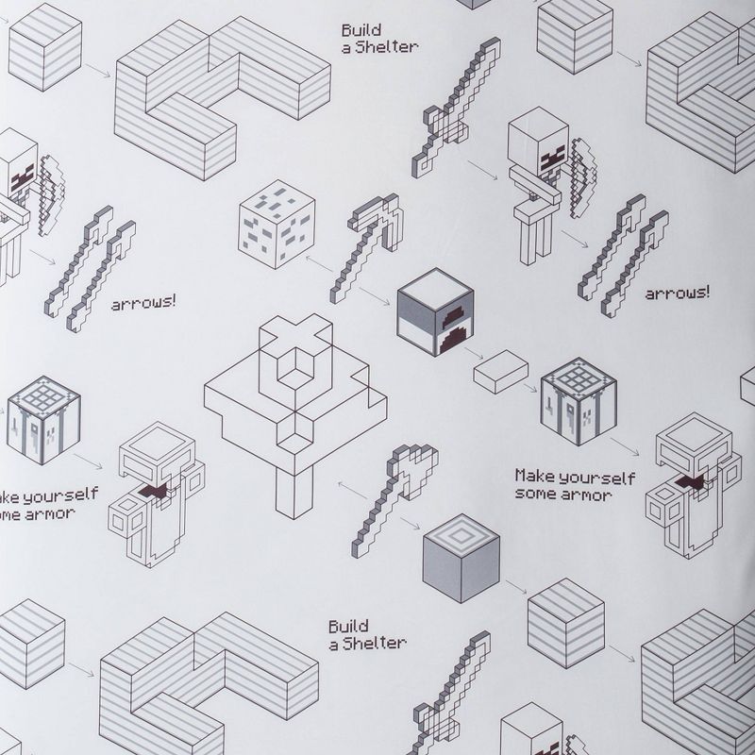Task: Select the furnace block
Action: [x=435, y=312]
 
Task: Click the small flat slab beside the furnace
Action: [x=500, y=371]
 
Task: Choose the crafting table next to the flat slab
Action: [x=579, y=401]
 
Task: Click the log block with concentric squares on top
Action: [x=461, y=558]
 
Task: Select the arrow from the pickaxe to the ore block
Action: [x=319, y=263]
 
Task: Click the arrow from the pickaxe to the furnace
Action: [x=375, y=296]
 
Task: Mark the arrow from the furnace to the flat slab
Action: [x=474, y=353]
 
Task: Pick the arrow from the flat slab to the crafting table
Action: [x=530, y=387]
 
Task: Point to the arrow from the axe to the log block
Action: [x=410, y=524]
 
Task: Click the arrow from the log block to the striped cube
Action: [x=515, y=586]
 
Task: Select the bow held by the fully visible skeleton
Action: [x=583, y=177]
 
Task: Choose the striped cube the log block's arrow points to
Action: [x=565, y=623]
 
